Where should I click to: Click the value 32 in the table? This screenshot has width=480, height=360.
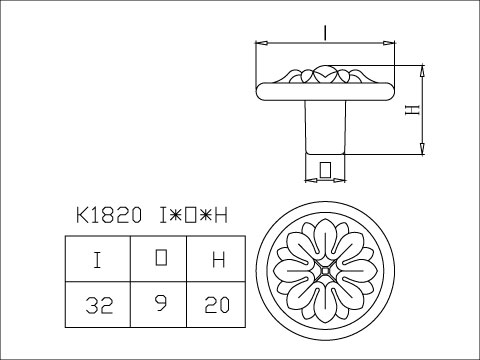tap(99, 305)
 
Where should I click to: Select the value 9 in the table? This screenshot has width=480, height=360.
tap(161, 303)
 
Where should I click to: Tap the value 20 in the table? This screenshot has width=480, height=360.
tap(217, 305)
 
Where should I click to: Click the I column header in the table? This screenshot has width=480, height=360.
tap(97, 260)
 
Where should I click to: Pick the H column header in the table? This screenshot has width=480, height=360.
tap(219, 260)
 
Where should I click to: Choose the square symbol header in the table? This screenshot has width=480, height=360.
tap(161, 257)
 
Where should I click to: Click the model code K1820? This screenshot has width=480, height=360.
tap(109, 215)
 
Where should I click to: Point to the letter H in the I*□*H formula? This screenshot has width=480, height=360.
tap(221, 215)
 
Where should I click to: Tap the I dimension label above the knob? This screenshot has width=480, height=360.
tap(325, 33)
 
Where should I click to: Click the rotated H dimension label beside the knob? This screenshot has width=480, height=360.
tap(412, 110)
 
